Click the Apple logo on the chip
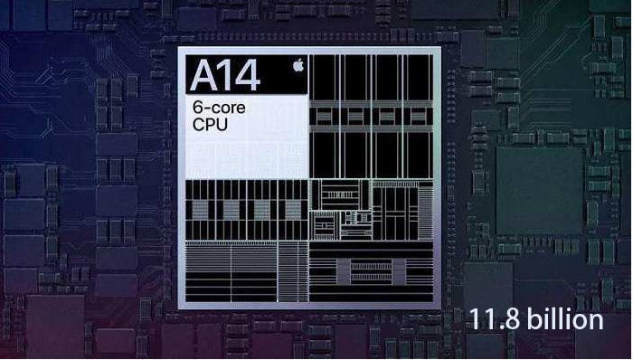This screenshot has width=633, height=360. pyautogui.click(x=298, y=65)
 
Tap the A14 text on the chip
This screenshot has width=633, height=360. pyautogui.click(x=225, y=75)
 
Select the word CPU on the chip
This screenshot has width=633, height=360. pyautogui.click(x=210, y=124)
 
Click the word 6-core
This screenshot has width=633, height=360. pyautogui.click(x=219, y=108)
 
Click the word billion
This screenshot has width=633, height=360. pyautogui.click(x=565, y=318)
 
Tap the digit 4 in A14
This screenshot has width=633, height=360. pyautogui.click(x=246, y=75)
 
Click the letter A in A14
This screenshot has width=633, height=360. pyautogui.click(x=204, y=75)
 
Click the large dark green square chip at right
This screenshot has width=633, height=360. pyautogui.click(x=539, y=191)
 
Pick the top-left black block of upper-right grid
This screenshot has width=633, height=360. pyautogui.click(x=324, y=78)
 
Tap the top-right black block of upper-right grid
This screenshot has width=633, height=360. pyautogui.click(x=418, y=78)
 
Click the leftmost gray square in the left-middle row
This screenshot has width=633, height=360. pyautogui.click(x=200, y=210)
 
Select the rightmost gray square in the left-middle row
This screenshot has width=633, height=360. pyautogui.click(x=293, y=210)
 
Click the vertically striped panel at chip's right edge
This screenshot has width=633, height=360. pyautogui.click(x=426, y=213)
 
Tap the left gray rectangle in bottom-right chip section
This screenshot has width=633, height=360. pyautogui.click(x=344, y=271)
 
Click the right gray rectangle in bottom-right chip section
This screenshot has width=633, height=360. pyautogui.click(x=399, y=271)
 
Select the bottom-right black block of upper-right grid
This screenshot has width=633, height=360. pyautogui.click(x=418, y=155)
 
